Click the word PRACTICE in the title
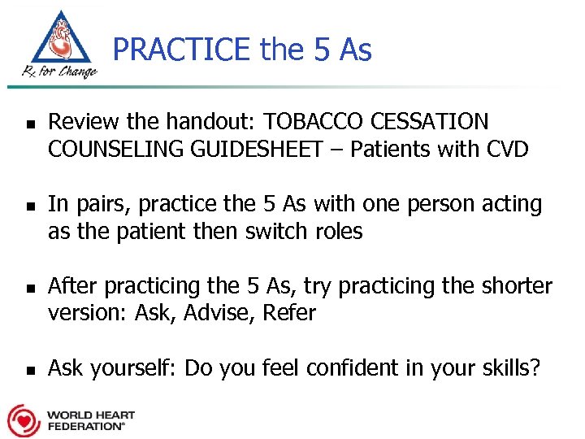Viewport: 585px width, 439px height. coord(183,50)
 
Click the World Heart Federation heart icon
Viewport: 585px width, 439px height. coord(24,420)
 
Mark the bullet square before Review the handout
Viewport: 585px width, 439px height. coord(28,126)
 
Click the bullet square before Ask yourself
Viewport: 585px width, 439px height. coord(28,372)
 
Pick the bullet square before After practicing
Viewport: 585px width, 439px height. coord(28,289)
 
